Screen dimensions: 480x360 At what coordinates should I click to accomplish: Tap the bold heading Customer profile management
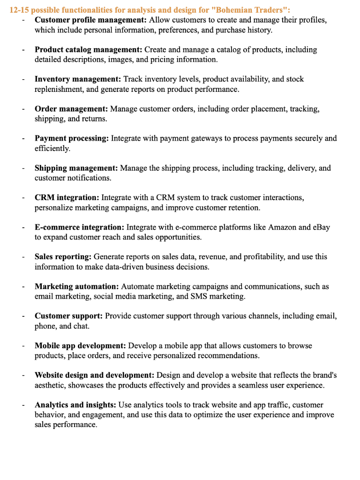coord(91,20)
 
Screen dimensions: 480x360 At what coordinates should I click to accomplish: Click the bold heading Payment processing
coord(72,139)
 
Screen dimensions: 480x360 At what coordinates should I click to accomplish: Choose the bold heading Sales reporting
coord(64,257)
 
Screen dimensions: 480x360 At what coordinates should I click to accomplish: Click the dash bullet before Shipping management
coord(23,168)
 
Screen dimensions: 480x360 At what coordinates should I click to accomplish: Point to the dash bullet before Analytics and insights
coord(23,405)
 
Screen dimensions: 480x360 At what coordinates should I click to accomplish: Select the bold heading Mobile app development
coord(80,346)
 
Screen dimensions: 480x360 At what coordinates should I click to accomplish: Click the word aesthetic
coord(51,385)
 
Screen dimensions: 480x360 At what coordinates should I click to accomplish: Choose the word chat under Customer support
coord(81,326)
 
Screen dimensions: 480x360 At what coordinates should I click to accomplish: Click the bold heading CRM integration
coord(67,198)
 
